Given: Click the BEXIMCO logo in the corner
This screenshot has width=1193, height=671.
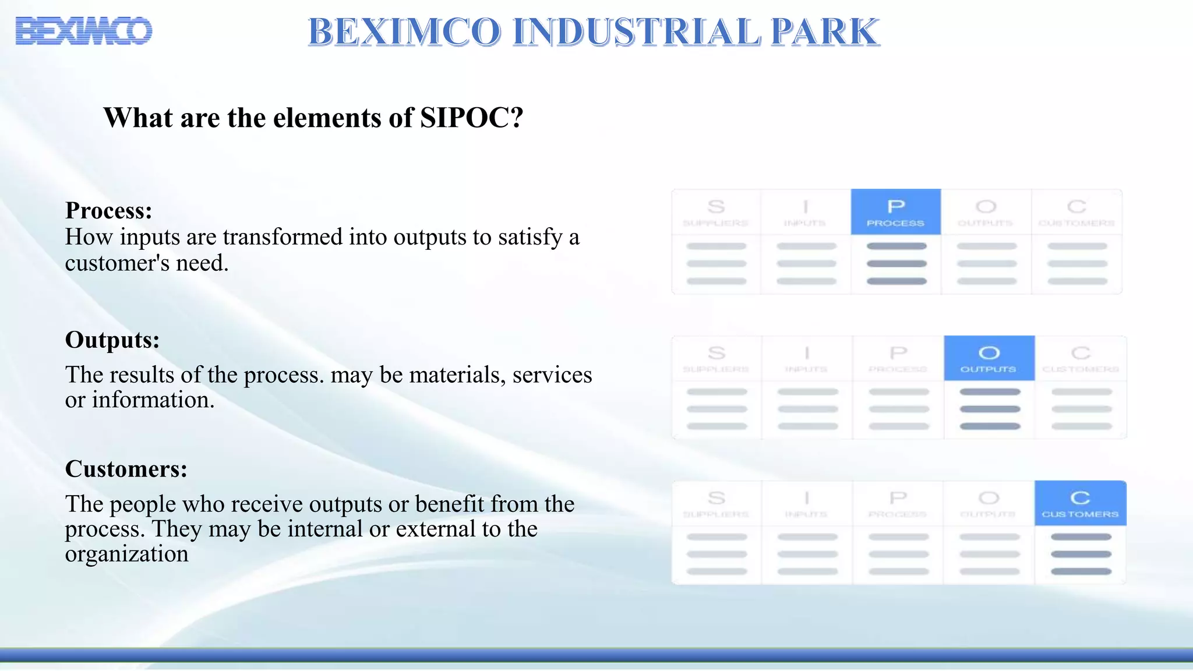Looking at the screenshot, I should pyautogui.click(x=84, y=31).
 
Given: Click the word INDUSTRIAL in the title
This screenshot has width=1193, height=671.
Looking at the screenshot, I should pyautogui.click(x=637, y=31).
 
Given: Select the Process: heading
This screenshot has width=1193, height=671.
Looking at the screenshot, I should pyautogui.click(x=109, y=210).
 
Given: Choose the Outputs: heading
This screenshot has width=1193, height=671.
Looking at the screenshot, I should pyautogui.click(x=112, y=340).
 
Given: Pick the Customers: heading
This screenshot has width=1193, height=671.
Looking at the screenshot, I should pyautogui.click(x=126, y=469).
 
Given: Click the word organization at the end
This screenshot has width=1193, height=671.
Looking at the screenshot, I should pyautogui.click(x=127, y=554).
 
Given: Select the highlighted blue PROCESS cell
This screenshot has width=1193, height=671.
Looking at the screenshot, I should pyautogui.click(x=895, y=212).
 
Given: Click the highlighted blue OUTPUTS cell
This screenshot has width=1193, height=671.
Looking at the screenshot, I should pyautogui.click(x=989, y=358).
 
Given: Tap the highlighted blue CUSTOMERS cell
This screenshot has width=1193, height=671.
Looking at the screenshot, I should pyautogui.click(x=1080, y=503).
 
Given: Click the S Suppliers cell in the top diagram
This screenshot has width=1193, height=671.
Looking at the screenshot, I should pyautogui.click(x=716, y=212).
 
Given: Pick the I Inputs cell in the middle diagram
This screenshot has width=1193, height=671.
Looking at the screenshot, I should pyautogui.click(x=807, y=358).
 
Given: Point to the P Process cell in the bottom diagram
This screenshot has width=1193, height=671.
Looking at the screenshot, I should pyautogui.click(x=898, y=503).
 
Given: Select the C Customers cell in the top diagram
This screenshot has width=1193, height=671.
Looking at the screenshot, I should pyautogui.click(x=1076, y=212).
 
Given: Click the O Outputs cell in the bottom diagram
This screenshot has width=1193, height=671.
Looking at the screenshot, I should pyautogui.click(x=989, y=503).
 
